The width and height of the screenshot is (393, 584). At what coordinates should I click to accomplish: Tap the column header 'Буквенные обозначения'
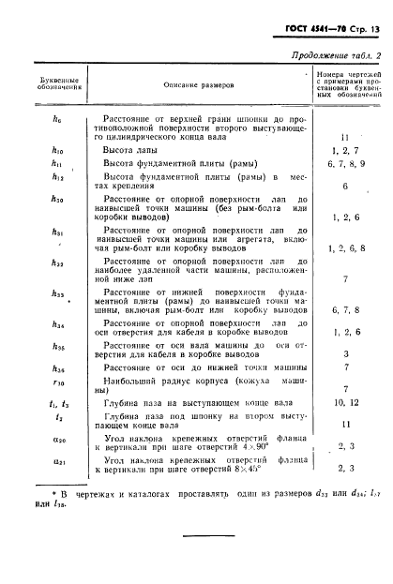point(49,85)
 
